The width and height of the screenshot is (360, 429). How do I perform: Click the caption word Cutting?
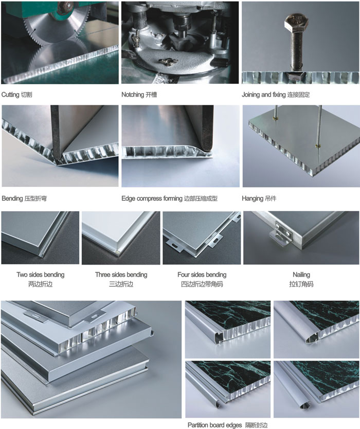pyautogui.click(x=10, y=95)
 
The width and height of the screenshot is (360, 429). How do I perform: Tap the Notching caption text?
pyautogui.click(x=133, y=95)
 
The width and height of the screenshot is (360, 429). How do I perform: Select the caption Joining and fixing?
pyautogui.click(x=263, y=95)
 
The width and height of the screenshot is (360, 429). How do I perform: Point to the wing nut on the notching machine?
pyautogui.click(x=166, y=62)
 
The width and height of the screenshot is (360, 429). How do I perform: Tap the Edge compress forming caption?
pyautogui.click(x=152, y=199)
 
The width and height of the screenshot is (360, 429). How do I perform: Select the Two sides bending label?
pyautogui.click(x=41, y=274)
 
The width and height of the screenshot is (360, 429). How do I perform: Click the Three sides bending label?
pyautogui.click(x=121, y=274)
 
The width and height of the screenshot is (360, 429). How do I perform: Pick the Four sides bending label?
pyautogui.click(x=202, y=274)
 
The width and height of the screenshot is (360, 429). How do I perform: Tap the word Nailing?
pyautogui.click(x=301, y=274)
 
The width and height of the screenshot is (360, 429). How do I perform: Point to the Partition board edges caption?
pyautogui.click(x=214, y=425)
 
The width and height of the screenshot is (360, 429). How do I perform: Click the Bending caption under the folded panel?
pyautogui.click(x=12, y=199)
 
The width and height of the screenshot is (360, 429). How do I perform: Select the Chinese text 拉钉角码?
pyautogui.click(x=301, y=284)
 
